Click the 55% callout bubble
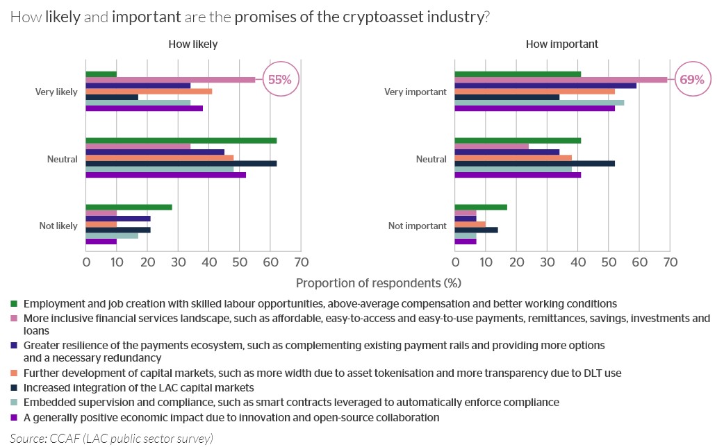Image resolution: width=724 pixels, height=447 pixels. pyautogui.click(x=279, y=80)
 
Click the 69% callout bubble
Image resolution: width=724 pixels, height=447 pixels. pyautogui.click(x=691, y=80)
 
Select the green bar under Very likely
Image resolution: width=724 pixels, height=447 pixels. pyautogui.click(x=101, y=74)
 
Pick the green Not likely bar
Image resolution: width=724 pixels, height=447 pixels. pyautogui.click(x=129, y=207)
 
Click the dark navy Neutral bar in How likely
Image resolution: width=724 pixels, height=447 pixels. pyautogui.click(x=181, y=163)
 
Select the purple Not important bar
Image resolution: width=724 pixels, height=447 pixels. pyautogui.click(x=466, y=241)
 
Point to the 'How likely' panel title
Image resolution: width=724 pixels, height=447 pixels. pyautogui.click(x=192, y=44)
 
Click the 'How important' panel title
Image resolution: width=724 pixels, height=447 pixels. pyautogui.click(x=561, y=44)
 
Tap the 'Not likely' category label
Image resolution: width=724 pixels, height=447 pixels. pyautogui.click(x=58, y=226)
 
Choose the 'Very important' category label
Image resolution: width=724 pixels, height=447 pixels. pyautogui.click(x=416, y=92)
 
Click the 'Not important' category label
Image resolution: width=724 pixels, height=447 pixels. pyautogui.click(x=417, y=226)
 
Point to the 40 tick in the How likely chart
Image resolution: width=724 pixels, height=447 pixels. pyautogui.click(x=208, y=262)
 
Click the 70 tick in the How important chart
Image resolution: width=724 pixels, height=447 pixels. pyautogui.click(x=670, y=262)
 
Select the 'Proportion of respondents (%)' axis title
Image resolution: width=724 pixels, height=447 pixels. pyautogui.click(x=378, y=283)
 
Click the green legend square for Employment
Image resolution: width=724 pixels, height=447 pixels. pyautogui.click(x=14, y=304)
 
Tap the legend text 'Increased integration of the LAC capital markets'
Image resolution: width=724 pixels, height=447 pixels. pyautogui.click(x=139, y=387)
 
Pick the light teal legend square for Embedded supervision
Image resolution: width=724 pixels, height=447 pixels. pyautogui.click(x=14, y=403)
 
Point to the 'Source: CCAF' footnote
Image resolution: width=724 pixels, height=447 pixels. pyautogui.click(x=111, y=438)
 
